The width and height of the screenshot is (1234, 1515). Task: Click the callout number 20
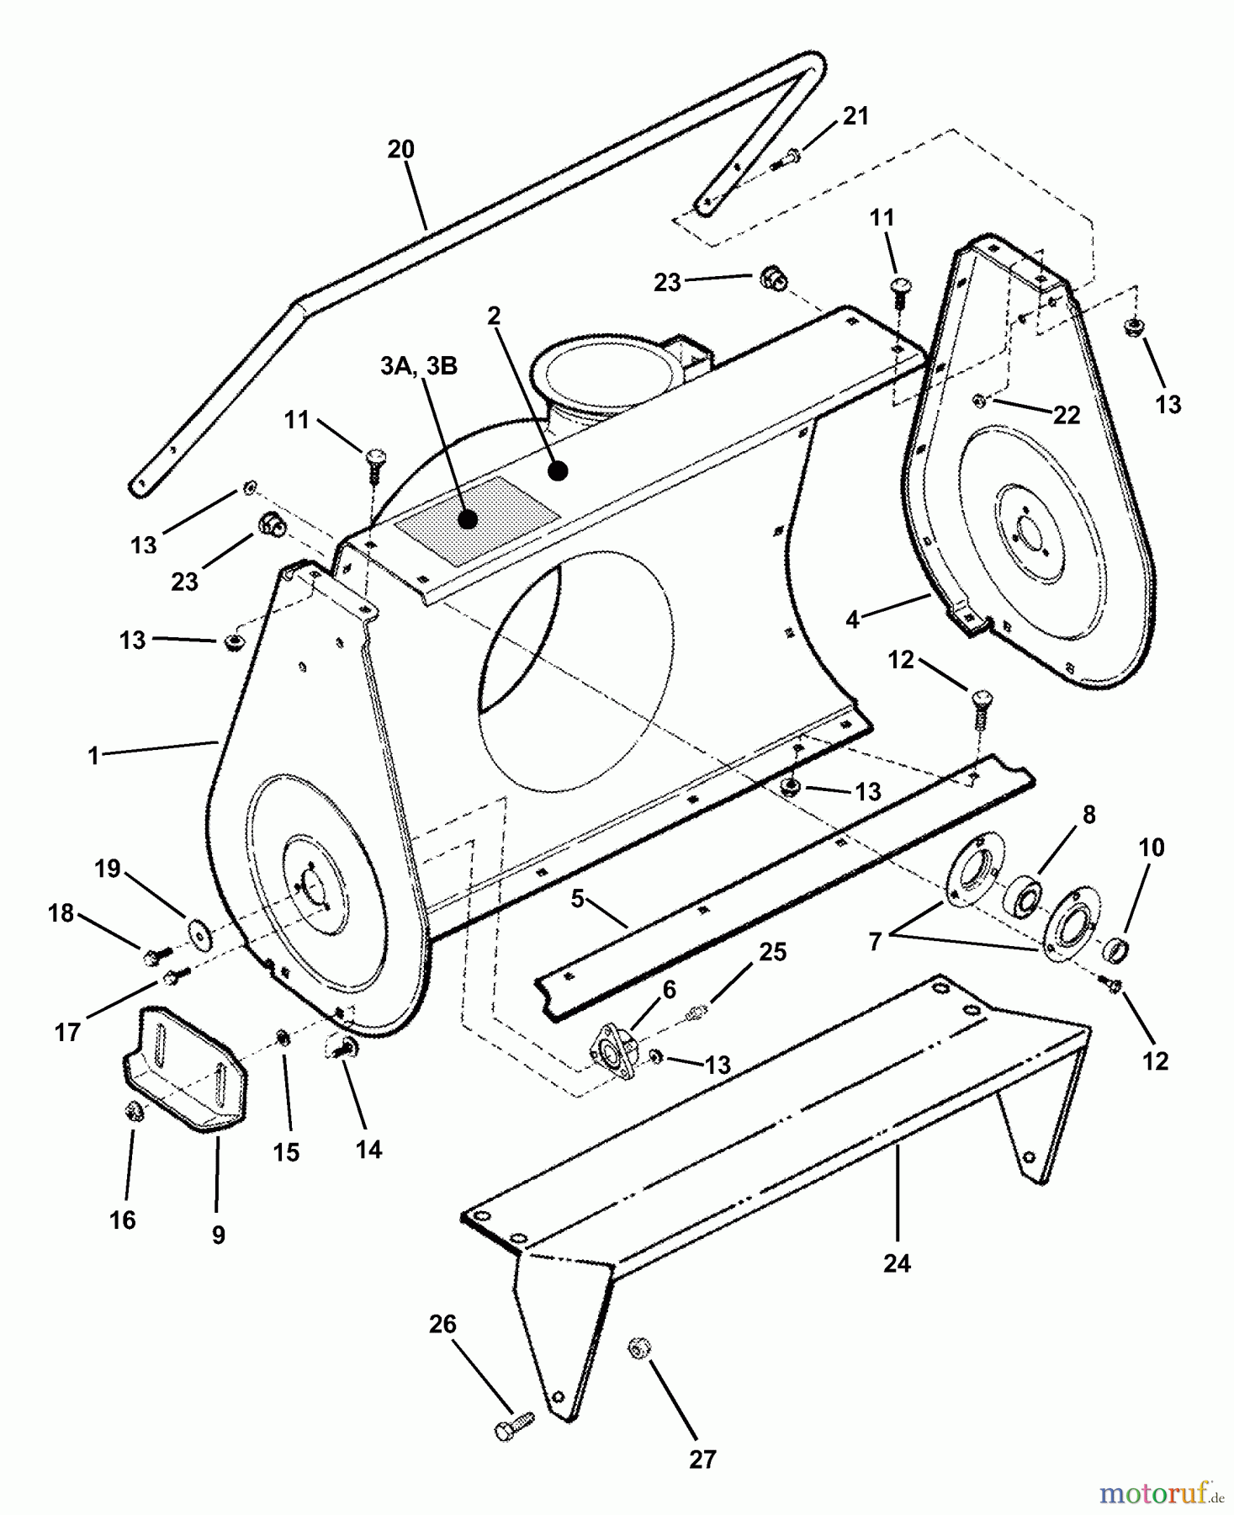(x=400, y=150)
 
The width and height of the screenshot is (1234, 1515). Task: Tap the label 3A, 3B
(x=419, y=367)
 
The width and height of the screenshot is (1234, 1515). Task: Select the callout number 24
(x=897, y=1263)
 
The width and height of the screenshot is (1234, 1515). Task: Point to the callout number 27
(x=702, y=1459)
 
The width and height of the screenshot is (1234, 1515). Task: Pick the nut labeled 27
(x=637, y=1348)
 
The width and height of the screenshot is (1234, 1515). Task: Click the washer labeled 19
(x=200, y=933)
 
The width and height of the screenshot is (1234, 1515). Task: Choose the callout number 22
(x=1067, y=415)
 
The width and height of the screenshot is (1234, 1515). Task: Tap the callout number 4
(x=852, y=620)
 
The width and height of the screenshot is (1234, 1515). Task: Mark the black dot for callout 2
(x=558, y=472)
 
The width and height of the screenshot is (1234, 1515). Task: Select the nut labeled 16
(x=133, y=1114)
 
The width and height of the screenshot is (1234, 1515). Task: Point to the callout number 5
(x=577, y=899)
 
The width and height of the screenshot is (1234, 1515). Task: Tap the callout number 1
(x=93, y=756)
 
